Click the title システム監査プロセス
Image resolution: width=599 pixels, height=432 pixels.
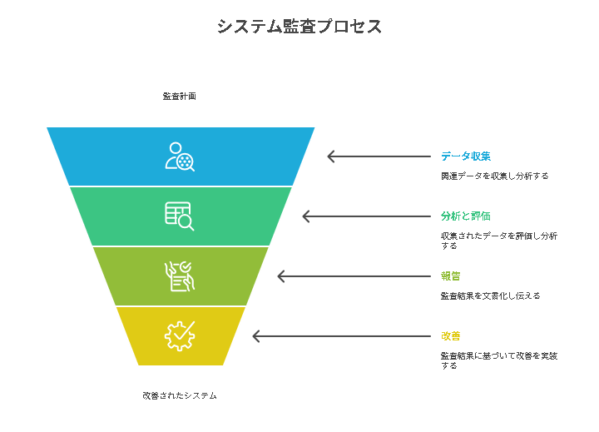(299, 27)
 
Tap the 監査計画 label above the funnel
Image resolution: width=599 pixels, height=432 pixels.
(179, 96)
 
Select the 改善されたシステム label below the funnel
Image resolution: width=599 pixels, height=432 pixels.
(180, 395)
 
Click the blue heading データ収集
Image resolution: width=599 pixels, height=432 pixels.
(466, 156)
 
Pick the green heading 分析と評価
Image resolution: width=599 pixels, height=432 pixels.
(466, 216)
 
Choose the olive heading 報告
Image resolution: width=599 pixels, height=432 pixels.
(451, 276)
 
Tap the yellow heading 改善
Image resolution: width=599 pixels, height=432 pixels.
(451, 336)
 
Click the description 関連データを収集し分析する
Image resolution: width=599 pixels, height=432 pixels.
(495, 176)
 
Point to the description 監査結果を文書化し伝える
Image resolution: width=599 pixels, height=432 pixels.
(491, 295)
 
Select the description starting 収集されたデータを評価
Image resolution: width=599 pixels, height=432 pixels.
(499, 241)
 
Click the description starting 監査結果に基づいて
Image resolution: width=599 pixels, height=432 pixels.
(499, 360)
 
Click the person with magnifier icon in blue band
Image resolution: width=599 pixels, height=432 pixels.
(180, 156)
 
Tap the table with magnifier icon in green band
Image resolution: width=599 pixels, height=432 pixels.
(180, 216)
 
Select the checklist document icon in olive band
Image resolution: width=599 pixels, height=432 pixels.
(180, 276)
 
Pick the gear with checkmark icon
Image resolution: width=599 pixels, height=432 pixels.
(180, 336)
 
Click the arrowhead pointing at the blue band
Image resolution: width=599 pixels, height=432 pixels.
(331, 156)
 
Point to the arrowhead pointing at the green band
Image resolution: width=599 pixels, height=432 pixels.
(306, 216)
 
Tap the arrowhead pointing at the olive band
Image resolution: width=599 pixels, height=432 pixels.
(281, 276)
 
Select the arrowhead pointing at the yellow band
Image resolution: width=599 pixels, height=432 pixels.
(256, 336)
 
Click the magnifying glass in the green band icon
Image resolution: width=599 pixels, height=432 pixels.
(186, 222)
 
